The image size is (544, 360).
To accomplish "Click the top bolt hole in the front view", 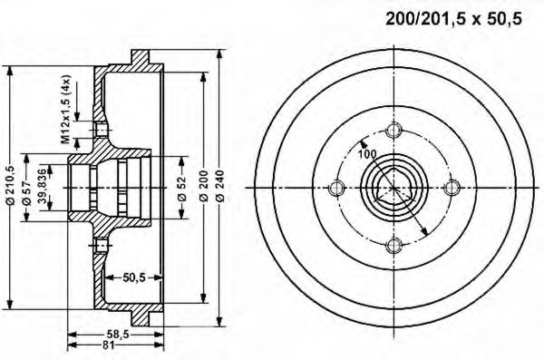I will coord(393,132).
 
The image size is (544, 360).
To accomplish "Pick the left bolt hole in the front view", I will coord(337,189).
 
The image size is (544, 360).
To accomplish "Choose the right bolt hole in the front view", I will coord(451,189).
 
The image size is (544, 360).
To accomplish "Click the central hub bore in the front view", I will coord(393,189).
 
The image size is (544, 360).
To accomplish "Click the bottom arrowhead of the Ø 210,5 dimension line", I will coord(9,306).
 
